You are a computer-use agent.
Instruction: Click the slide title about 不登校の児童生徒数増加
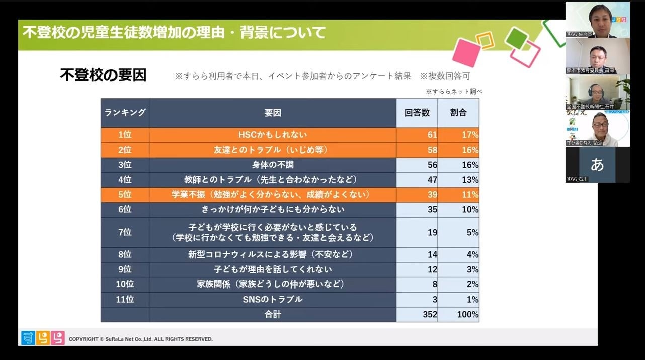174,33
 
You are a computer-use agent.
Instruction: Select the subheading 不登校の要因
103,75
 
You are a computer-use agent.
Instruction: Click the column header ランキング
125,113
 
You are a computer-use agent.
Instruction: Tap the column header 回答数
417,113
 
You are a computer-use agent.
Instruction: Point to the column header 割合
458,113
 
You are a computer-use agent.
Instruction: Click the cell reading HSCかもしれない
272,135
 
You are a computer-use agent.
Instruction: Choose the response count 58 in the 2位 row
432,150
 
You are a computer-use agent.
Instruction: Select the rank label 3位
125,165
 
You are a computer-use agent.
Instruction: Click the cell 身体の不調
272,165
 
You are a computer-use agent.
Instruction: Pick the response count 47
432,180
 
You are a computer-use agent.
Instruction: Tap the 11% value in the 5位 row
470,195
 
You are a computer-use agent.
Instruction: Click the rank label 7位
125,232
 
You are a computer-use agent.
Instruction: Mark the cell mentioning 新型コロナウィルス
272,255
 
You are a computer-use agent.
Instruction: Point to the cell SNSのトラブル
272,300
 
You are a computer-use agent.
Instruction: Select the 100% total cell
468,315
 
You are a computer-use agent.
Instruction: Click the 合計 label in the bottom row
272,315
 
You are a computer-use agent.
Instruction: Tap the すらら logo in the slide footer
43,338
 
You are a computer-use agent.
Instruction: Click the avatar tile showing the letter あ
597,165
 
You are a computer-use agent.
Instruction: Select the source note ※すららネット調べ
454,92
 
